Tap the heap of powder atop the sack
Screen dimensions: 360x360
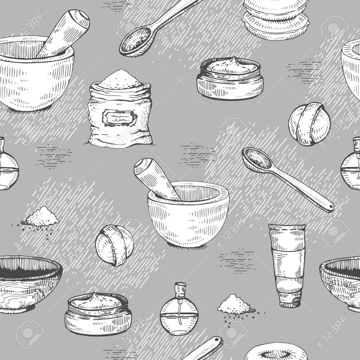point(120,79)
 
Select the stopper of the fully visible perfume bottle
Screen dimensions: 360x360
point(180,292)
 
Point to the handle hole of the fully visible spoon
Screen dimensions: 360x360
point(331,207)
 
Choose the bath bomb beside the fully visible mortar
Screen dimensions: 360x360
point(114,245)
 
